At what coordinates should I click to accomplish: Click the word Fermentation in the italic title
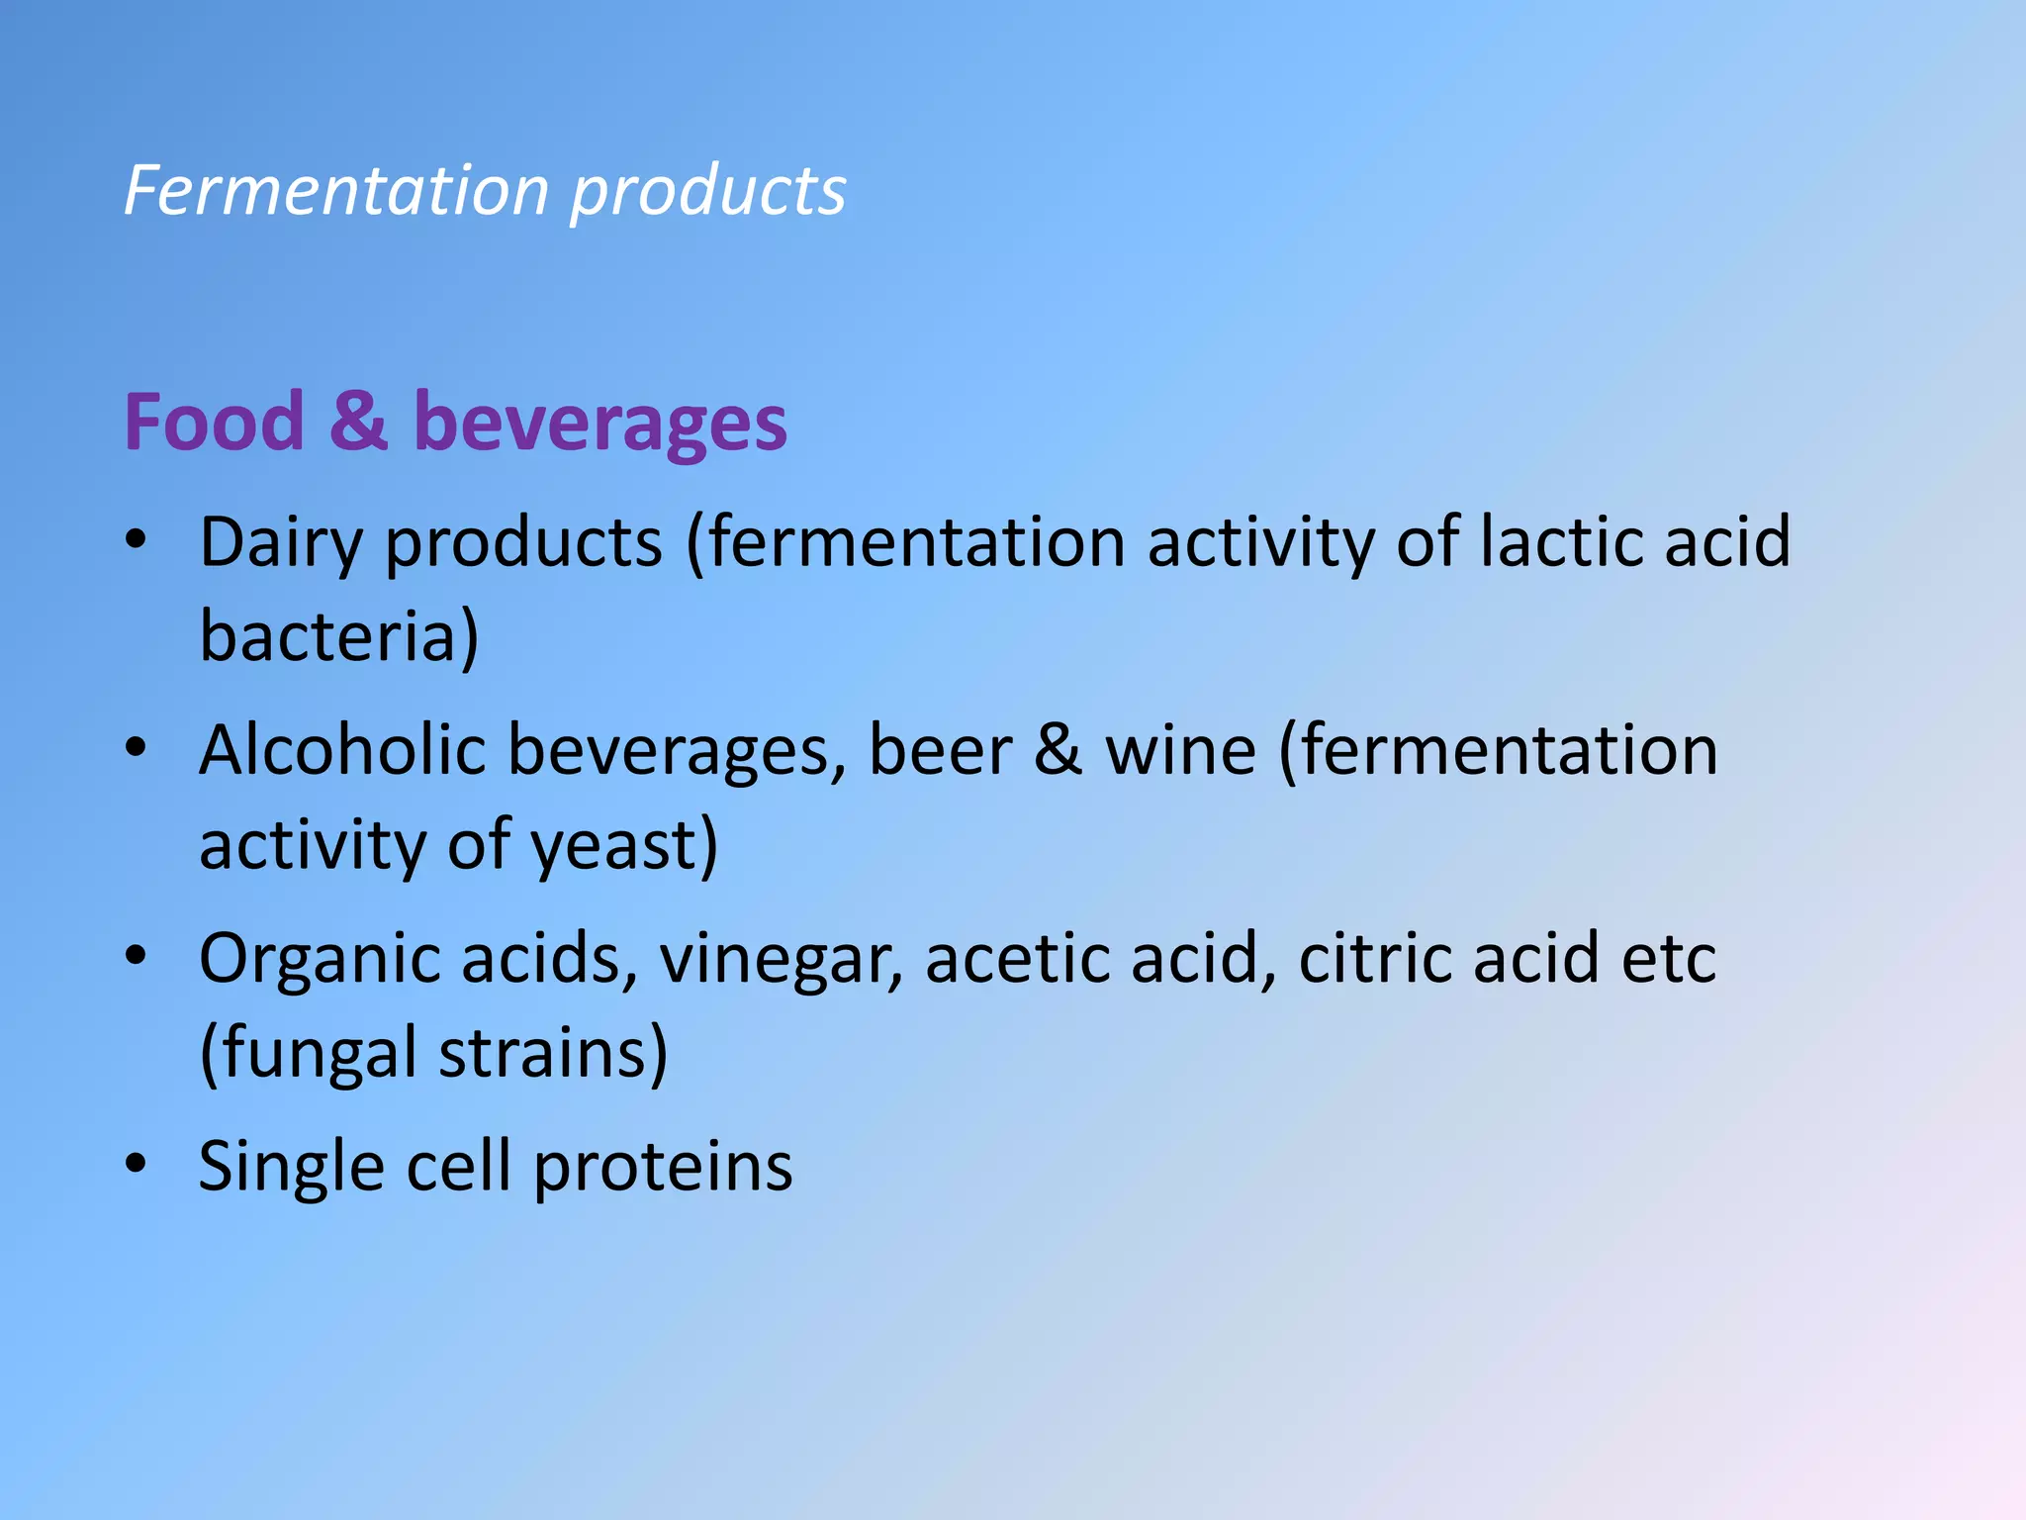tap(336, 190)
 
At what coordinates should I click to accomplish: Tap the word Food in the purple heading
tap(214, 423)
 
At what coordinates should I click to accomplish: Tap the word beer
tap(940, 749)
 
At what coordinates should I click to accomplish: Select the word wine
tap(1180, 749)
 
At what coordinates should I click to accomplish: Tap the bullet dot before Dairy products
tap(136, 540)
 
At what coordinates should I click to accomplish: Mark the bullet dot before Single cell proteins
tap(136, 1164)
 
